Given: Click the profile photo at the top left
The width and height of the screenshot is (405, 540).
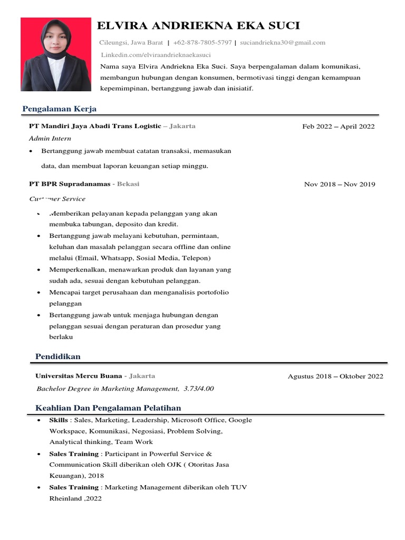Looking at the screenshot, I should click(55, 54).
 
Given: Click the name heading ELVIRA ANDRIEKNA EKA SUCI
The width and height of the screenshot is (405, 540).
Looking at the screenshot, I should click(198, 26).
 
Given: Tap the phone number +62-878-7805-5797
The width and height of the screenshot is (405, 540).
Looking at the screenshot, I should click(202, 43).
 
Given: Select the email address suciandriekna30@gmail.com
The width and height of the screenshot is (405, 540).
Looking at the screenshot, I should click(283, 43).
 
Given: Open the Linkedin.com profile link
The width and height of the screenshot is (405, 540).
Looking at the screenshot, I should click(156, 55).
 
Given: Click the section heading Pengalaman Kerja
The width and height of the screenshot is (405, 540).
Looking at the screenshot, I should click(59, 109).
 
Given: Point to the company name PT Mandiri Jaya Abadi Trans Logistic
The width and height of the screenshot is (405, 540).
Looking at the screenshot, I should click(95, 127).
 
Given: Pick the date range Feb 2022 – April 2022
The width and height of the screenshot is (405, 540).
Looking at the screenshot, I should click(339, 127).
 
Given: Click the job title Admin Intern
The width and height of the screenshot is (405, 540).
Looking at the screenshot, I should click(50, 139).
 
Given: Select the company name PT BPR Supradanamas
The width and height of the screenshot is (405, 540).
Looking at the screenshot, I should click(70, 184).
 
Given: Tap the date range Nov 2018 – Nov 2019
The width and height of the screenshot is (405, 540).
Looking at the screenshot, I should click(340, 185).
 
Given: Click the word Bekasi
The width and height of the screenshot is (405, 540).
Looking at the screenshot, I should click(128, 184).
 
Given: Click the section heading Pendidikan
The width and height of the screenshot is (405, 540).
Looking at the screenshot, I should click(58, 357).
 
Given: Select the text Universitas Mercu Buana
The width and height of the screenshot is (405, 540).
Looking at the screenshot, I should click(79, 376).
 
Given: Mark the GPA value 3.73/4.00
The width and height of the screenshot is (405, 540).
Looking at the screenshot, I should click(199, 389).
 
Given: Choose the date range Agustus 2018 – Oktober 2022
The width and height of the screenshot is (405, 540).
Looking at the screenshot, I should click(335, 377).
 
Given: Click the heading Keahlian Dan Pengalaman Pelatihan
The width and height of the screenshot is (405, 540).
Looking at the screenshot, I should click(108, 408).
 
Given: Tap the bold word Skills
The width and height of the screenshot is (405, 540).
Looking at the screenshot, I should click(59, 420).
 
